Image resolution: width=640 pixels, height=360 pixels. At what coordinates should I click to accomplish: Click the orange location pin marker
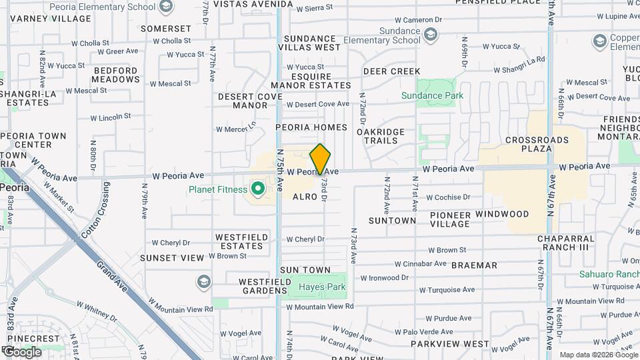[321, 159]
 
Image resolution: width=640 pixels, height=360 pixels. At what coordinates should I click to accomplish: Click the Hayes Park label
[322, 287]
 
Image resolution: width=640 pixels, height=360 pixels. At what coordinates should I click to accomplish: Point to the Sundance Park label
[432, 95]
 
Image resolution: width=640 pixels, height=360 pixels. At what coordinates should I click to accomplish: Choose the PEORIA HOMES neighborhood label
[311, 127]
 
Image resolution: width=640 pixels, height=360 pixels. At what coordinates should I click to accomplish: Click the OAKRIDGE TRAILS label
[381, 136]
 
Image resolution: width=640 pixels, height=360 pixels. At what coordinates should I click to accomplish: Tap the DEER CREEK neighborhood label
[391, 71]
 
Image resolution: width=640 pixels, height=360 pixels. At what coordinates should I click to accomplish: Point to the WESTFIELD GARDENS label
[255, 285]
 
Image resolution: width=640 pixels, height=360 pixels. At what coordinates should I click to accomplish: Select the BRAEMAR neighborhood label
[474, 265]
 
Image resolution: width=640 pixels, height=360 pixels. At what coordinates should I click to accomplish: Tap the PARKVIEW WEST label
[449, 344]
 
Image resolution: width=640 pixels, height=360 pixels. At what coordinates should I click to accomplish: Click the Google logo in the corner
[22, 352]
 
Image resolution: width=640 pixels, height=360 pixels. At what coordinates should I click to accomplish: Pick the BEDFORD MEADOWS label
[115, 75]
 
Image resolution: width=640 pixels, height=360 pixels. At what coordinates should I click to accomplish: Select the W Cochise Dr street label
[448, 197]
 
